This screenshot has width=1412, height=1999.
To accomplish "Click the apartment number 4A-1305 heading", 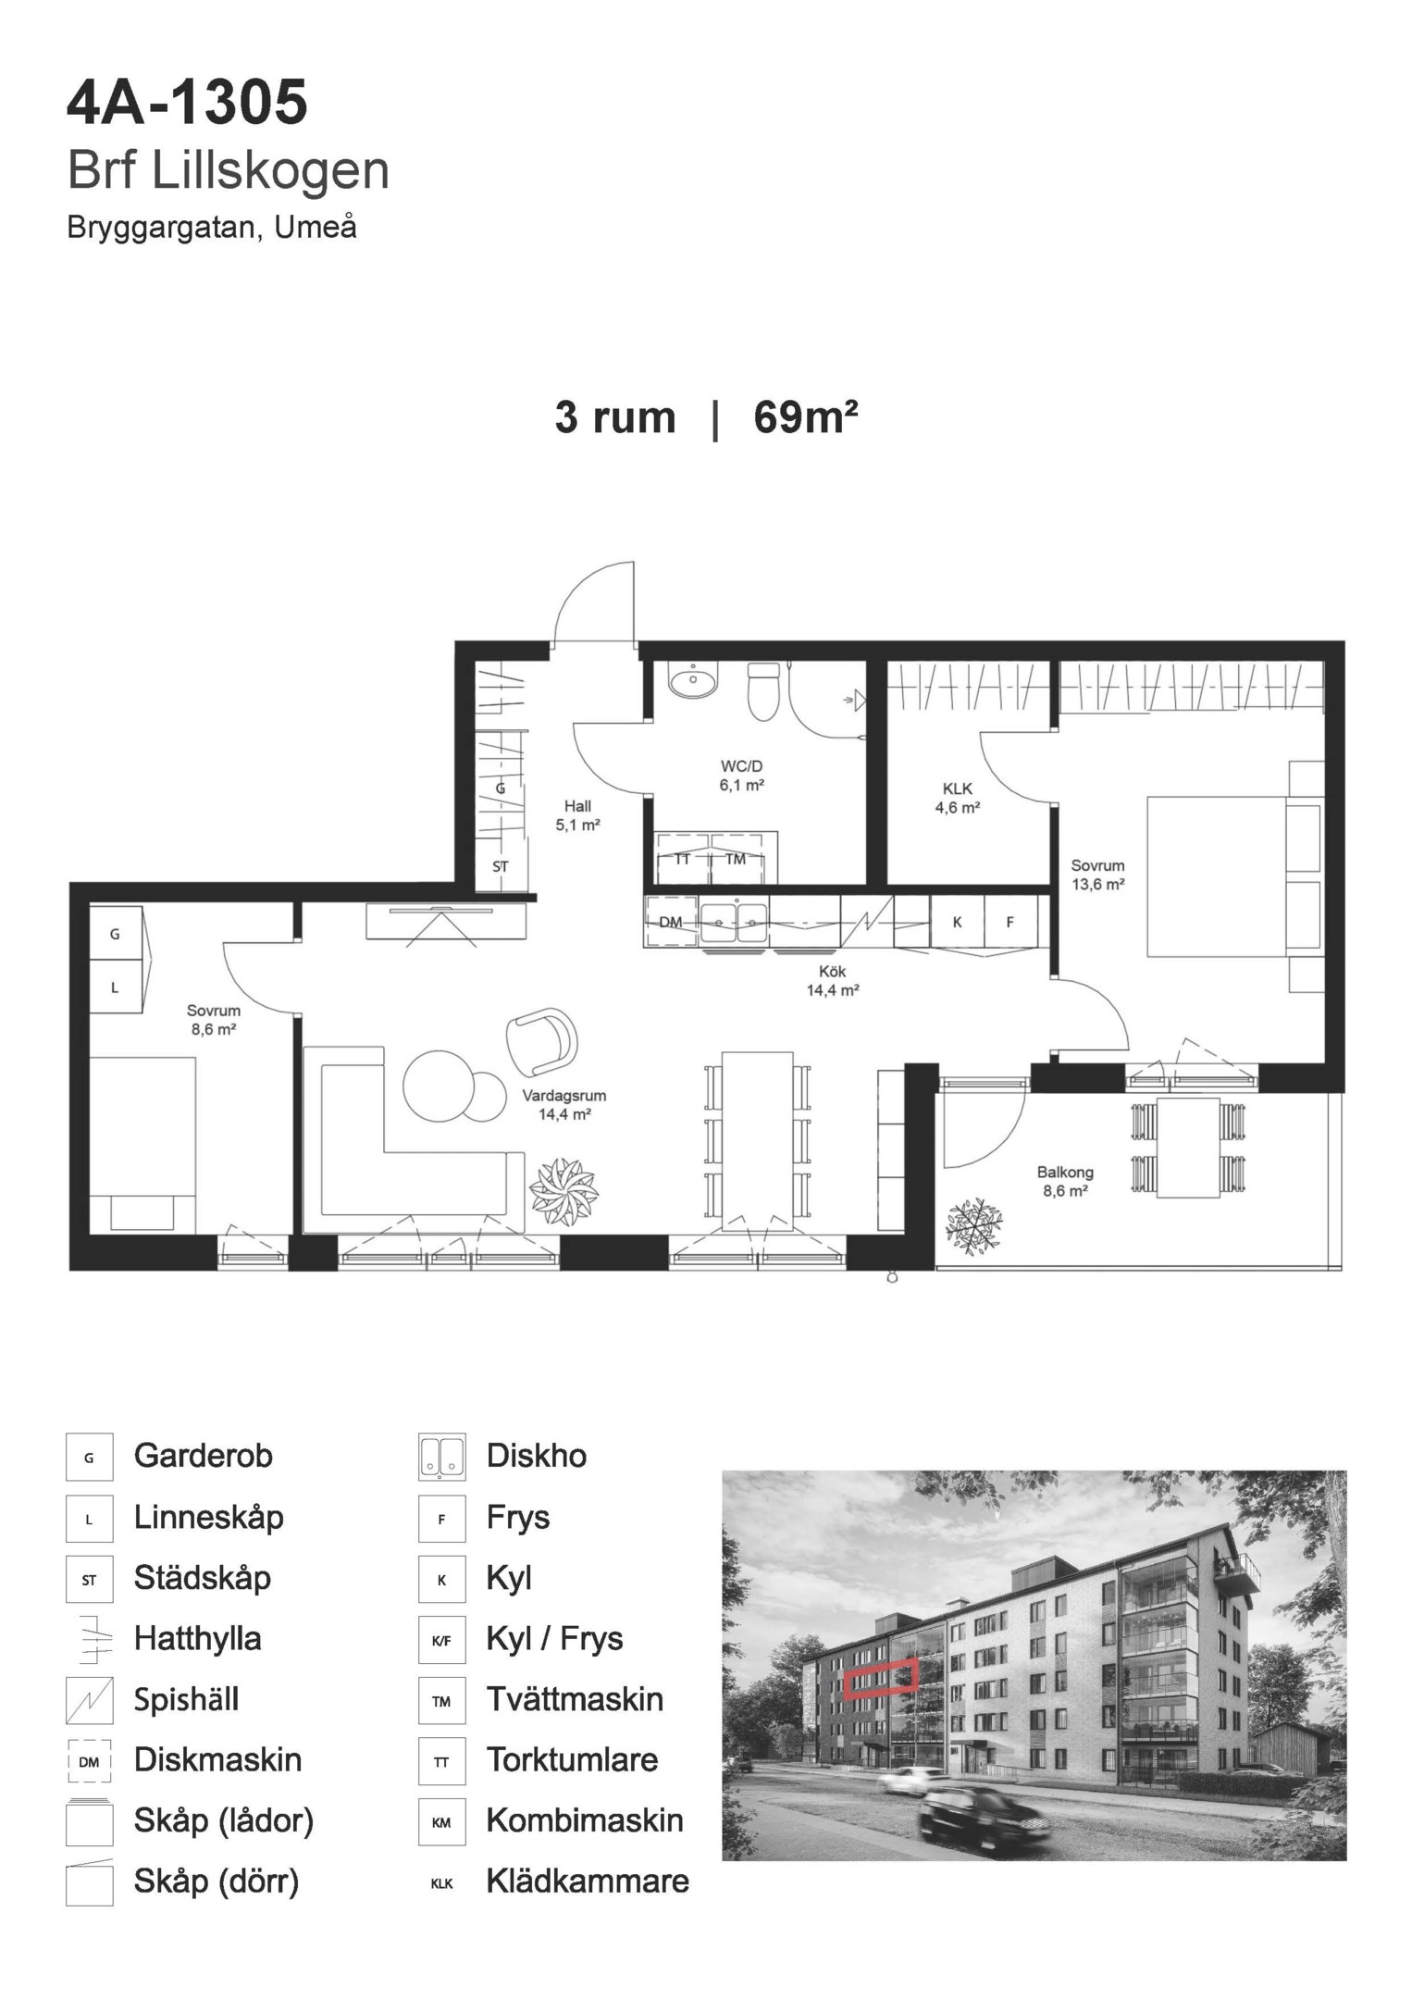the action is click(x=187, y=104).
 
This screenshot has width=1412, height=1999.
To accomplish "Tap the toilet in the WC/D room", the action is click(x=764, y=691).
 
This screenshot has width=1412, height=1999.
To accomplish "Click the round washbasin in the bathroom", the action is click(x=691, y=682).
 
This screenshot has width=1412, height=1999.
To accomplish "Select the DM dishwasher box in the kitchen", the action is click(x=671, y=922).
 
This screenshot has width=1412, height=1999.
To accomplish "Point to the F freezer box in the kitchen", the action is click(x=1010, y=922).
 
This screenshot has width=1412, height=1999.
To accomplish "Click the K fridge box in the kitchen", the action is click(x=958, y=922).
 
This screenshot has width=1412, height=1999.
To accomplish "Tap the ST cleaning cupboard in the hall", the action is click(x=500, y=867).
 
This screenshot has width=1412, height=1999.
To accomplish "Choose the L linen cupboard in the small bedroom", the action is click(x=116, y=987).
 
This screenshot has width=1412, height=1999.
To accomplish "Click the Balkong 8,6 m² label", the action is click(x=1065, y=1182).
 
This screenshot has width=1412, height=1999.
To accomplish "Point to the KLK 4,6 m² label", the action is click(x=958, y=798).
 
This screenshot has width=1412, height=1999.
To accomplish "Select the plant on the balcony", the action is click(x=974, y=1226).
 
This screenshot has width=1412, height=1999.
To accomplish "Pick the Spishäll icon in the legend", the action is click(x=90, y=1700).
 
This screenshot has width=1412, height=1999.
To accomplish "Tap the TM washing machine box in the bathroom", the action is click(x=737, y=859).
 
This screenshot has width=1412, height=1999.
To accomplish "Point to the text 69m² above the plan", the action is click(x=806, y=417).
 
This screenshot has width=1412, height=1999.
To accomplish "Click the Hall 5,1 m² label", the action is click(x=578, y=815).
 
